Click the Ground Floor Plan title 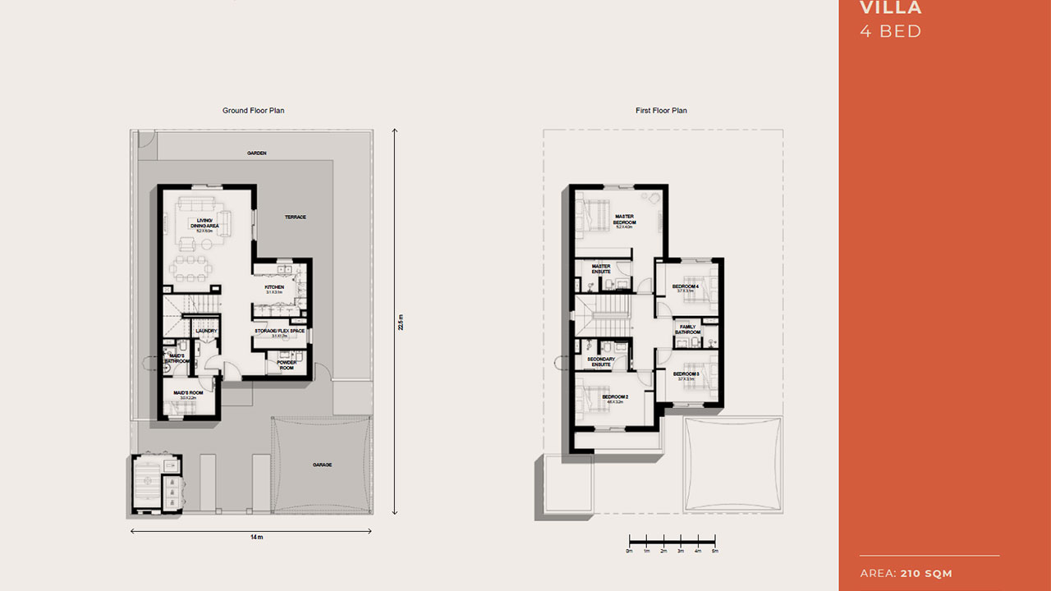point(253,111)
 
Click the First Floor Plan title point(661,111)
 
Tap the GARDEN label point(257,153)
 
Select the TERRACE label point(296,218)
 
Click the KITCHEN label point(274,288)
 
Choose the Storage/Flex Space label point(279,332)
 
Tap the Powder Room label point(286,365)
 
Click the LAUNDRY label point(206,332)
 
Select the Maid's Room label point(188,394)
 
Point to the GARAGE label point(322,465)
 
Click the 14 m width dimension point(257,537)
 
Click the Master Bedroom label point(625,220)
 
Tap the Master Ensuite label point(601,268)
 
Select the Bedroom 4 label point(686,287)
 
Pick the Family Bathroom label point(687,329)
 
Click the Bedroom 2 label point(615,398)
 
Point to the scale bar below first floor point(672,542)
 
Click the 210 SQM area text point(926,573)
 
